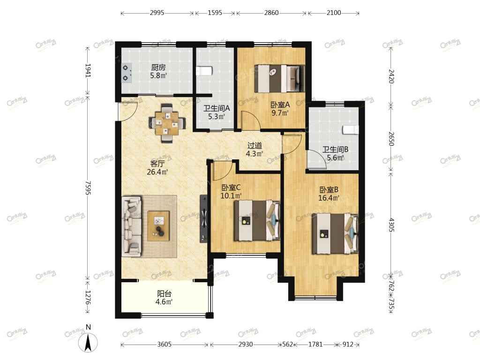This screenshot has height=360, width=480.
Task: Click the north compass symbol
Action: [x=88, y=339]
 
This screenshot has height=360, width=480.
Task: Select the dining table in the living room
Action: [x=167, y=123]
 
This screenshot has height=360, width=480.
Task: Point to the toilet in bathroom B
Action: [x=351, y=130]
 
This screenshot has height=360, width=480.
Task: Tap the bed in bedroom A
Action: [x=279, y=78]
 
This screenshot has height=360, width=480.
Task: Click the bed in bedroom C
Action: [x=257, y=220]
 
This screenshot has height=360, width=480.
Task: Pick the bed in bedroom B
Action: [x=335, y=233]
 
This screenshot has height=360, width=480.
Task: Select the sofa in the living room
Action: [x=132, y=226]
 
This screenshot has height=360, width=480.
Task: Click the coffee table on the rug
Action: [x=158, y=226]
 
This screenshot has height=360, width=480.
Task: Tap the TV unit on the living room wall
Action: [x=203, y=219]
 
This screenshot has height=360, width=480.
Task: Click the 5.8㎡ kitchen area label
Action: [x=158, y=75]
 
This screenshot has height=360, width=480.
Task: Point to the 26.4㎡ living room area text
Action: [x=157, y=172]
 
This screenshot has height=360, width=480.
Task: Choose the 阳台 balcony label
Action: [x=164, y=294]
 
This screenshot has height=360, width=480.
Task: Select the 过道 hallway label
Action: [x=255, y=146]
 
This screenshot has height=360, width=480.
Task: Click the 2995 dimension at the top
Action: [x=157, y=13]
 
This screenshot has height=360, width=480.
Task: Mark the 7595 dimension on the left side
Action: [x=88, y=187]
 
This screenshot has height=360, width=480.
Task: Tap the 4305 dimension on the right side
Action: [x=391, y=225]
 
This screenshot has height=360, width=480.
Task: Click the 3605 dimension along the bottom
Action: [x=165, y=345]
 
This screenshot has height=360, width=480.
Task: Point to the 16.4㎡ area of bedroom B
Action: [x=329, y=198]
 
